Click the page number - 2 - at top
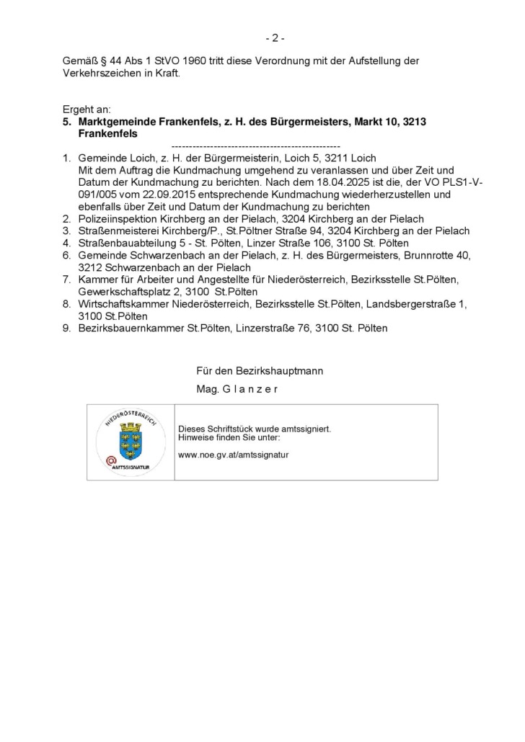274,37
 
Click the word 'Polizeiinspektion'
117,218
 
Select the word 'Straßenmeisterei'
116,231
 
